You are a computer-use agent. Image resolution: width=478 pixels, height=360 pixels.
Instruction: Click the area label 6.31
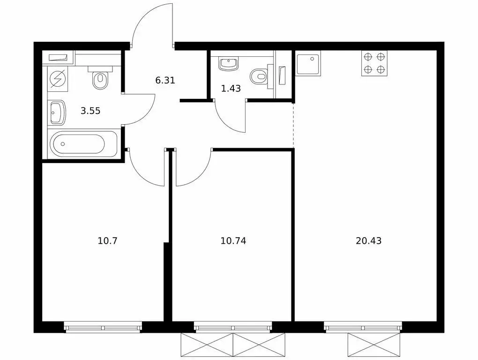click(165, 81)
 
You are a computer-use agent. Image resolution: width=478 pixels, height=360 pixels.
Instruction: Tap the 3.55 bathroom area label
click(90, 111)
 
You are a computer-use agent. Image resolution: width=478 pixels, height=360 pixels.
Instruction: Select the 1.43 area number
click(231, 89)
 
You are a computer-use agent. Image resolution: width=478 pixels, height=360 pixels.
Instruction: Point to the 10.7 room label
click(107, 241)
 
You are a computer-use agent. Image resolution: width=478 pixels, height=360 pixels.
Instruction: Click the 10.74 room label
click(233, 241)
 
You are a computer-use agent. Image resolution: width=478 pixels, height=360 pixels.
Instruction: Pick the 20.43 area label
click(368, 241)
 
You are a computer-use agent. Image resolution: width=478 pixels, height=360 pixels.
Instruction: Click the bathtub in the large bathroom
click(83, 144)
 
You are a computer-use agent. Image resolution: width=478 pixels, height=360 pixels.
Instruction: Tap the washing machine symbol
click(58, 78)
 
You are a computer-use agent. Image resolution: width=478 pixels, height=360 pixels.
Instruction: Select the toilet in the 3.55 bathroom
click(100, 77)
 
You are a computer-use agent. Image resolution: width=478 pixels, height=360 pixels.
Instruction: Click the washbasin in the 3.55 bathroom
click(57, 113)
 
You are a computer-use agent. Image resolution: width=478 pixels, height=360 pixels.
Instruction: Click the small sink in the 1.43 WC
click(228, 64)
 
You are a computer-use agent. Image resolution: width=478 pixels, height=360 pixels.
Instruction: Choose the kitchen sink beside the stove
click(308, 63)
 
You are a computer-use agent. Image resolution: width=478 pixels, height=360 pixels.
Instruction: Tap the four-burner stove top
click(374, 63)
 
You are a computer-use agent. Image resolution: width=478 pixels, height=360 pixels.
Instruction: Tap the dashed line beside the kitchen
click(293, 125)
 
